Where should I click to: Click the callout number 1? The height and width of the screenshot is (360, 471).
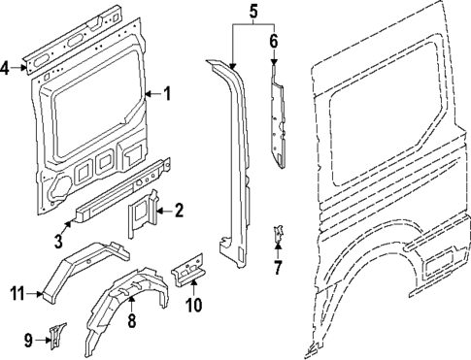[167, 94]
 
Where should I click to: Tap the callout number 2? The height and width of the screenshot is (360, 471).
[178, 209]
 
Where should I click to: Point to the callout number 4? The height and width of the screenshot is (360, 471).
[6, 67]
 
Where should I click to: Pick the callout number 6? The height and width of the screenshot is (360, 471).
[273, 41]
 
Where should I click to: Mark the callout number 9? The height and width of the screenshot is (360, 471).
[28, 339]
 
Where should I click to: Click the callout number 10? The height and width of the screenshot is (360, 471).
[193, 308]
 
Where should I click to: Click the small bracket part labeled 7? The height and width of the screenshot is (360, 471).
[278, 235]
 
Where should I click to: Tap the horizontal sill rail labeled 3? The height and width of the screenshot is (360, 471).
[117, 195]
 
